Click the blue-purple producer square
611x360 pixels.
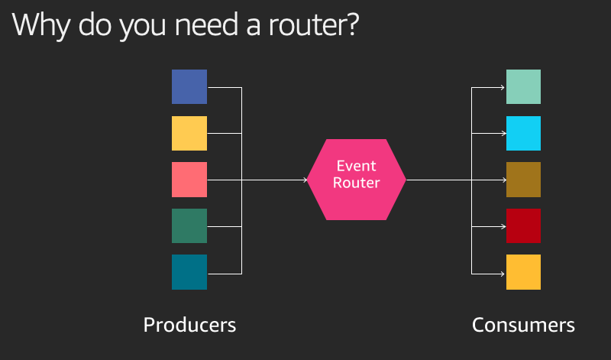pyautogui.click(x=189, y=86)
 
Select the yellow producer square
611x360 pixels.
pyautogui.click(x=189, y=134)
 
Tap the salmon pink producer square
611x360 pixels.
pyautogui.click(x=189, y=180)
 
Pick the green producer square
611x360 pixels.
pyautogui.click(x=189, y=225)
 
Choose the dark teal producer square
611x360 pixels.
pyautogui.click(x=189, y=272)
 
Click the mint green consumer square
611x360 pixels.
pyautogui.click(x=523, y=86)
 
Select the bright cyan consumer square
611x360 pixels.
pyautogui.click(x=523, y=134)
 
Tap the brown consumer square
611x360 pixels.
pyautogui.click(x=523, y=180)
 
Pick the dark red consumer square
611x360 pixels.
pyautogui.click(x=523, y=225)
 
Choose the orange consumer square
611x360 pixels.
pyautogui.click(x=523, y=272)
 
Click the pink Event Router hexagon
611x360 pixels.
pyautogui.click(x=357, y=180)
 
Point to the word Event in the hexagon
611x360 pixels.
pyautogui.click(x=357, y=166)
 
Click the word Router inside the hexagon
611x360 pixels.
pyautogui.click(x=357, y=183)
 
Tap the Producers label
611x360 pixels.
pyautogui.click(x=189, y=325)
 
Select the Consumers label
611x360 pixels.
pyautogui.click(x=523, y=325)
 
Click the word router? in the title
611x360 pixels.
pyautogui.click(x=313, y=25)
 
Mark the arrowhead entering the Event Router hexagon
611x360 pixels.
pyautogui.click(x=305, y=180)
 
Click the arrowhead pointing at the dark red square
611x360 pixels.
pyautogui.click(x=503, y=226)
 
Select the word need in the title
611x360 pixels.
pyautogui.click(x=207, y=25)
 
